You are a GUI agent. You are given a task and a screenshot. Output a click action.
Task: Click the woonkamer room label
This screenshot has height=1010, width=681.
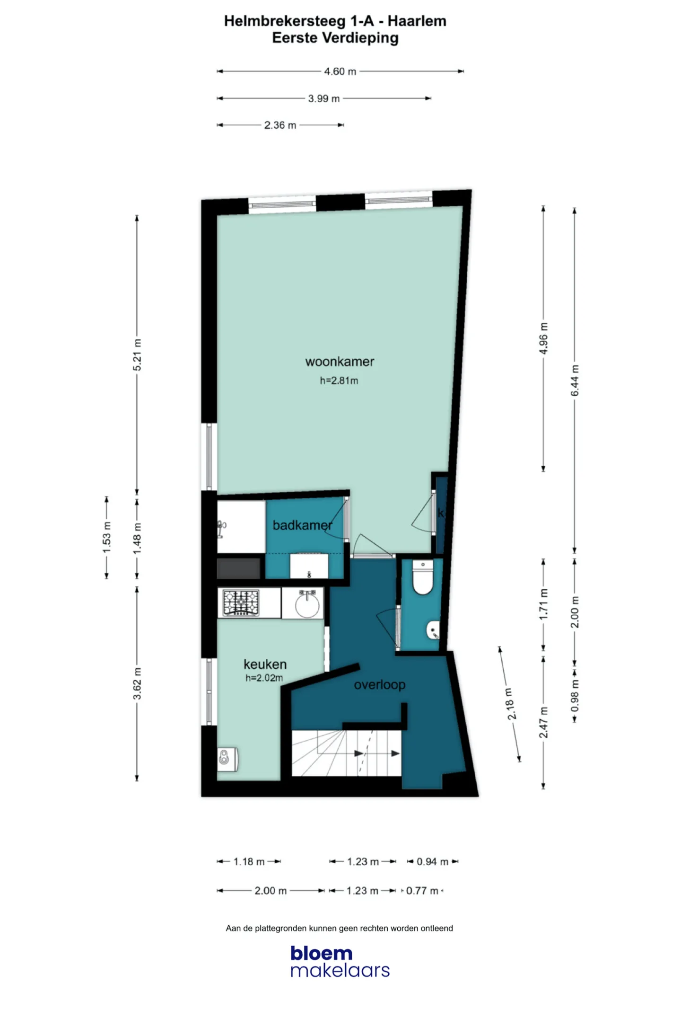(340, 362)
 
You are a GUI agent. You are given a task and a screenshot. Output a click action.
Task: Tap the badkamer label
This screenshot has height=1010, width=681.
(302, 525)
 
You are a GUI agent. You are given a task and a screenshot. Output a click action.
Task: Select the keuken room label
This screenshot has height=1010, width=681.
(265, 664)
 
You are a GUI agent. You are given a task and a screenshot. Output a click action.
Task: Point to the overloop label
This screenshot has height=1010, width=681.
(379, 685)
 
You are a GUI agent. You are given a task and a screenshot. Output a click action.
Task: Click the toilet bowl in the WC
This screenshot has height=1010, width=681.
(423, 577)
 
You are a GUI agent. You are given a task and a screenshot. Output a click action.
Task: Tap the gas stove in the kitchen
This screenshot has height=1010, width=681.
(241, 602)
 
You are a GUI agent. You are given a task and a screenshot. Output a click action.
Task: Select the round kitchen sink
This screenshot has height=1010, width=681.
(307, 603)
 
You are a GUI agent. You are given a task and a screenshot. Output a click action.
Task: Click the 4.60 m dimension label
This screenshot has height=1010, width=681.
(340, 71)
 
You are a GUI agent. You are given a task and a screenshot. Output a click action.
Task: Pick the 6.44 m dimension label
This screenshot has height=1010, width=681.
(575, 381)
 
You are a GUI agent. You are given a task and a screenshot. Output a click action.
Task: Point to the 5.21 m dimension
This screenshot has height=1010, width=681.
(137, 355)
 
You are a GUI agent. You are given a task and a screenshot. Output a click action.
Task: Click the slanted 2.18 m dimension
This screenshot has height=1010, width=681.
(510, 704)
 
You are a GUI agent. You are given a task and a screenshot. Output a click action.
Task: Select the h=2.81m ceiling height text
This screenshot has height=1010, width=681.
(339, 381)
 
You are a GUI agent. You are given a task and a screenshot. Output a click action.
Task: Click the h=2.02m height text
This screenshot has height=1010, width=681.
(264, 678)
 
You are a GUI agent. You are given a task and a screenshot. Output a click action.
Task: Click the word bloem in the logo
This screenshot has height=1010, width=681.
(322, 953)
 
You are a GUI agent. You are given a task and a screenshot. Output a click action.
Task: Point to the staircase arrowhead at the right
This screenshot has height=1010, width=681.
(395, 753)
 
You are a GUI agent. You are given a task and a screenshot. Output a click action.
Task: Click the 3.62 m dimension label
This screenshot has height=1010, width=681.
(137, 684)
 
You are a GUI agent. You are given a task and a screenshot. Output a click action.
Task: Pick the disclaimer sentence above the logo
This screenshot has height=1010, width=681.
(339, 928)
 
